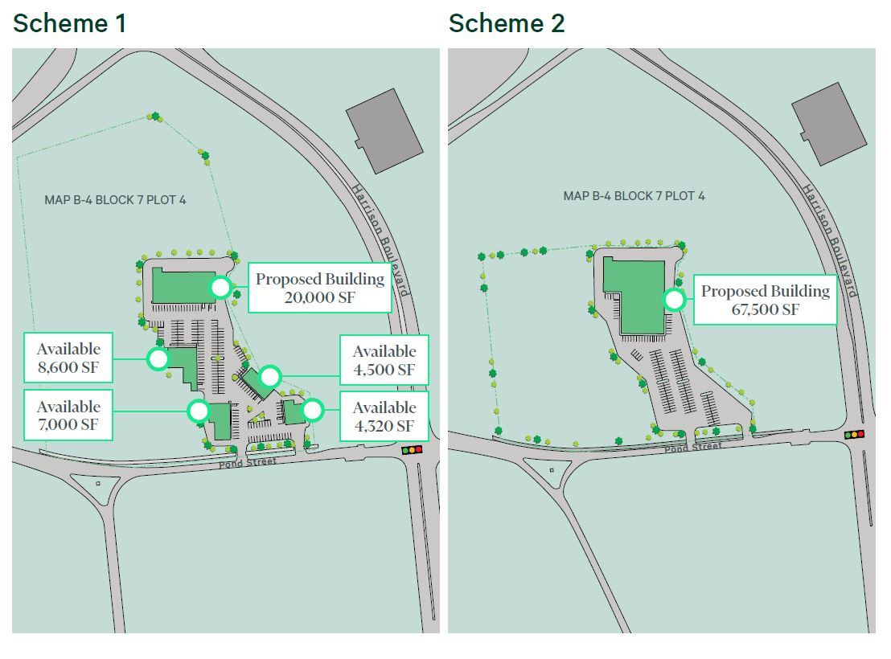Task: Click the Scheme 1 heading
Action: (70, 23)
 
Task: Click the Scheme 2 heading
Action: (507, 23)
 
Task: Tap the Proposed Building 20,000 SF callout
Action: (320, 288)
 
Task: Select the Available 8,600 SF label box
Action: (68, 358)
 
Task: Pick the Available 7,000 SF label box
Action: (68, 415)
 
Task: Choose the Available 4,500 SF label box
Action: (384, 360)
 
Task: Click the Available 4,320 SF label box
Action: (384, 416)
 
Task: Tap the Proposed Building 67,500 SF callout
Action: (765, 300)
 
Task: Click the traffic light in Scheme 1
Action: (413, 450)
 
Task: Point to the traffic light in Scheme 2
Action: (854, 435)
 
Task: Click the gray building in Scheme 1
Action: (384, 130)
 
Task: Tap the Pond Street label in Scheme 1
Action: (248, 462)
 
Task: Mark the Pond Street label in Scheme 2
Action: (692, 447)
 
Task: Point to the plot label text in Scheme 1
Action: (115, 199)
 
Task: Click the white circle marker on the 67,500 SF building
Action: (674, 300)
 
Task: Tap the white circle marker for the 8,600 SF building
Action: (158, 358)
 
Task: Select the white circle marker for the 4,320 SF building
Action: (312, 411)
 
